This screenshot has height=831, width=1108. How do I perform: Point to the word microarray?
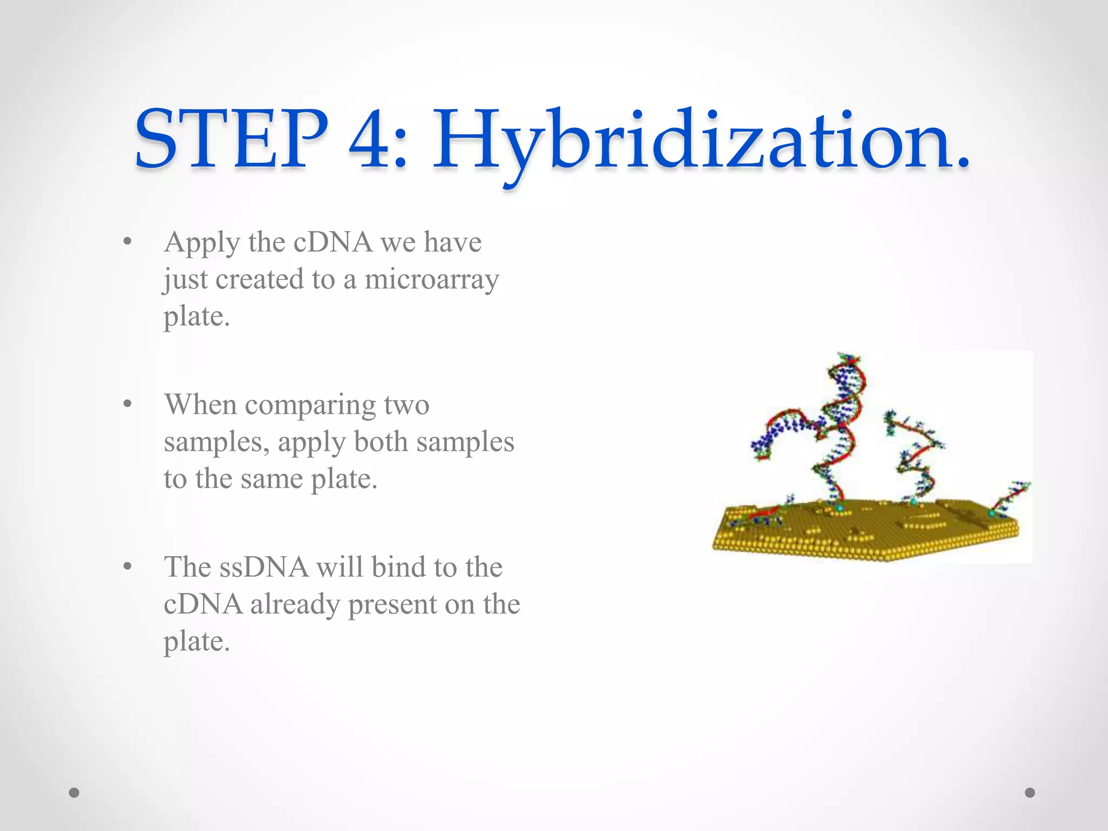click(431, 280)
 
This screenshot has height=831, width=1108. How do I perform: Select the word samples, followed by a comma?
click(216, 443)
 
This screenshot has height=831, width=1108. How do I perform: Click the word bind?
click(397, 568)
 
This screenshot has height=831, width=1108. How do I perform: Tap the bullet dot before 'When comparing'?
click(127, 404)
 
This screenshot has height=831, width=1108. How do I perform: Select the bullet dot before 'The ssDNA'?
click(127, 566)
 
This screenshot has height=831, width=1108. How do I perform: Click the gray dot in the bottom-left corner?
click(74, 793)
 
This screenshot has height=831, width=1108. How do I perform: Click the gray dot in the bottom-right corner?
click(1030, 793)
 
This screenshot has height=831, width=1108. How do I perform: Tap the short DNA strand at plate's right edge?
click(1010, 495)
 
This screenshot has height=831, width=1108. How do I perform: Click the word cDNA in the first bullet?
click(333, 242)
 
